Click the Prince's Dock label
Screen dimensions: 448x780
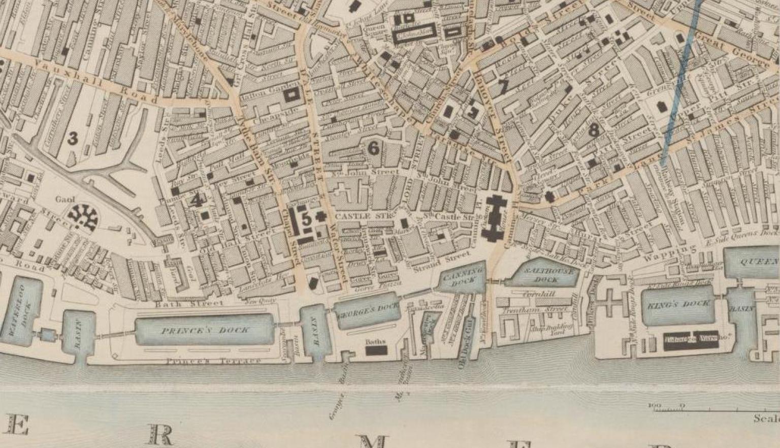pos(205,331)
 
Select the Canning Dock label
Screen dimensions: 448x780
pos(461,277)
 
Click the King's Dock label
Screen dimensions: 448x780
pos(678,305)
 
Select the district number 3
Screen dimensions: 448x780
pos(74,138)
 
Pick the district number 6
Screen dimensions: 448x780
pos(373,148)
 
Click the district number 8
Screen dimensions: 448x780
pos(594,131)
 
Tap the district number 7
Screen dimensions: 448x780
pos(503,86)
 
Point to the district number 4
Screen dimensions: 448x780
pos(197,200)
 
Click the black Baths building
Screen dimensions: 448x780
pos(376,350)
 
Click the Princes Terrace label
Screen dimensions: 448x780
pos(213,361)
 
